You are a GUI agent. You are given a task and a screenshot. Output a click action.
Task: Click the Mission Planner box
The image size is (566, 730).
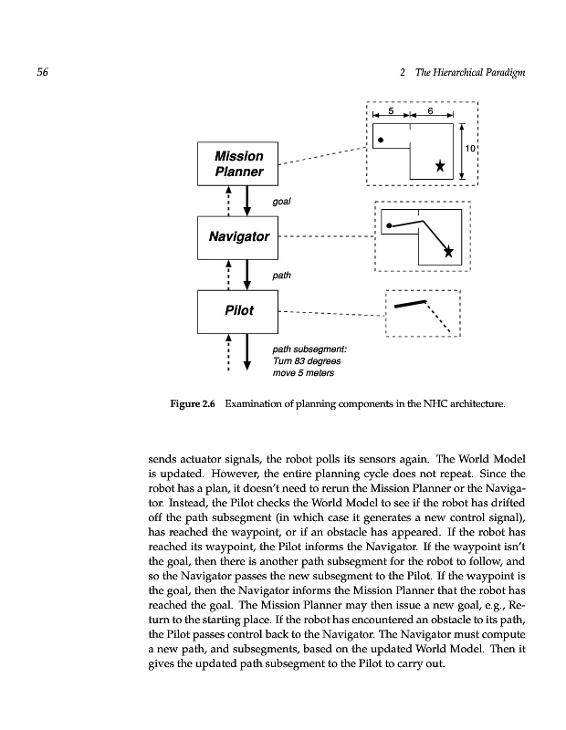pos(238,163)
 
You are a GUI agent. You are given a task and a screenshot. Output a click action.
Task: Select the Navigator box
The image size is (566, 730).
pos(238,236)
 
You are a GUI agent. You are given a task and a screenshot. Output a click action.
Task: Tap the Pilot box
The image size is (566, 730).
pos(238,311)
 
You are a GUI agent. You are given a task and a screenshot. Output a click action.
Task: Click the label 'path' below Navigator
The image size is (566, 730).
pos(282,274)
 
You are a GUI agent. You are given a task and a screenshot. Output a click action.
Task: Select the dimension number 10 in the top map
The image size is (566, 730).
pos(470,148)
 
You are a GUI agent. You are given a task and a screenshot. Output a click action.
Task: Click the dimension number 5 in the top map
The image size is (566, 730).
pos(391,110)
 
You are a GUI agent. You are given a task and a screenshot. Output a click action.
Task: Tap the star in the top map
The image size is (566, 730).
pos(440,165)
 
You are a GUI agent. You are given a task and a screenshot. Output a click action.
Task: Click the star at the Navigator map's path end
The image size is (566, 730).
pos(448,252)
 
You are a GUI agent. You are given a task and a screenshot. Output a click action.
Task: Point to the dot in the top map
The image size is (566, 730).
pos(381,141)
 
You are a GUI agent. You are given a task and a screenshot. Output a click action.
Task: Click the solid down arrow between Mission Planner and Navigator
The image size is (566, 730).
pos(247,199)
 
